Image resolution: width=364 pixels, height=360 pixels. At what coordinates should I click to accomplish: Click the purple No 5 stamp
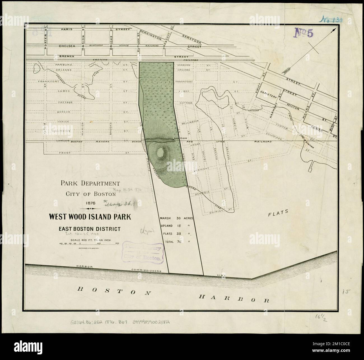point(303,33)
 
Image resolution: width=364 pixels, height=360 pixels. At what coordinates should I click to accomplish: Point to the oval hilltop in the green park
point(160,153)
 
